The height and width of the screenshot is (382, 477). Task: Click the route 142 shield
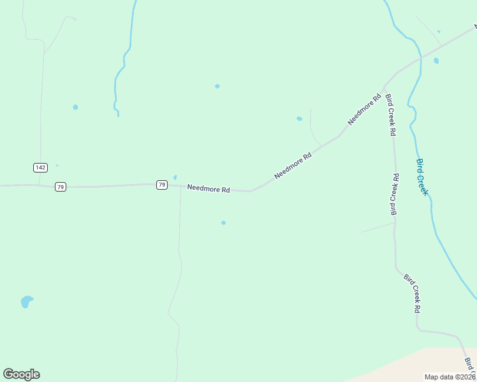(x=41, y=167)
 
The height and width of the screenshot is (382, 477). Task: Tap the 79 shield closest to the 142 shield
(x=60, y=187)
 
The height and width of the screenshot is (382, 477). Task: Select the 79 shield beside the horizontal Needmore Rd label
(x=162, y=185)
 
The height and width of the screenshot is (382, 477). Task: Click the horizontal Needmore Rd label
(x=208, y=188)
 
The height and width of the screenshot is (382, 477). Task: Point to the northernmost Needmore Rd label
(x=364, y=110)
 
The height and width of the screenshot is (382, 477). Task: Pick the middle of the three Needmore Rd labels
(x=293, y=165)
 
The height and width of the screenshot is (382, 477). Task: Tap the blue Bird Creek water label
(x=422, y=177)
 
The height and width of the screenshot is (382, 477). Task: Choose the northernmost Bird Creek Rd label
(x=391, y=115)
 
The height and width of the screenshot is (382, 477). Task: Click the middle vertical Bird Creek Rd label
(x=395, y=194)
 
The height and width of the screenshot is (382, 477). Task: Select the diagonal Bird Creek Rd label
(x=413, y=293)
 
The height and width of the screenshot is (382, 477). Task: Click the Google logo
(x=21, y=374)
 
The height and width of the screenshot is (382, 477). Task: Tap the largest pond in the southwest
(x=26, y=301)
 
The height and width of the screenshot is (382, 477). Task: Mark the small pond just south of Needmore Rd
(x=223, y=223)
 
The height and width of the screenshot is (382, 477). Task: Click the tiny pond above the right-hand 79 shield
(x=175, y=177)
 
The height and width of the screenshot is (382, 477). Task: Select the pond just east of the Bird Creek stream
(x=436, y=61)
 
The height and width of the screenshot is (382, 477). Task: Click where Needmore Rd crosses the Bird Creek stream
(x=420, y=59)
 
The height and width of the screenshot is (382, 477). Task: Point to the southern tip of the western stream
(x=118, y=115)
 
